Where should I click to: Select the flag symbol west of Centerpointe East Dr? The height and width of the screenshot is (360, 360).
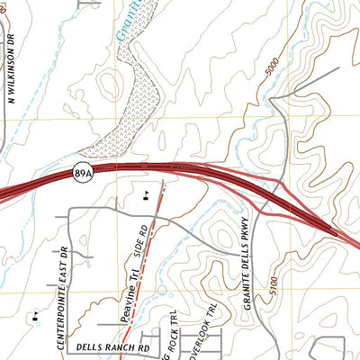(33, 316)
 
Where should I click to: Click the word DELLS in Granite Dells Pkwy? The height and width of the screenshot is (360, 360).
(243, 262)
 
